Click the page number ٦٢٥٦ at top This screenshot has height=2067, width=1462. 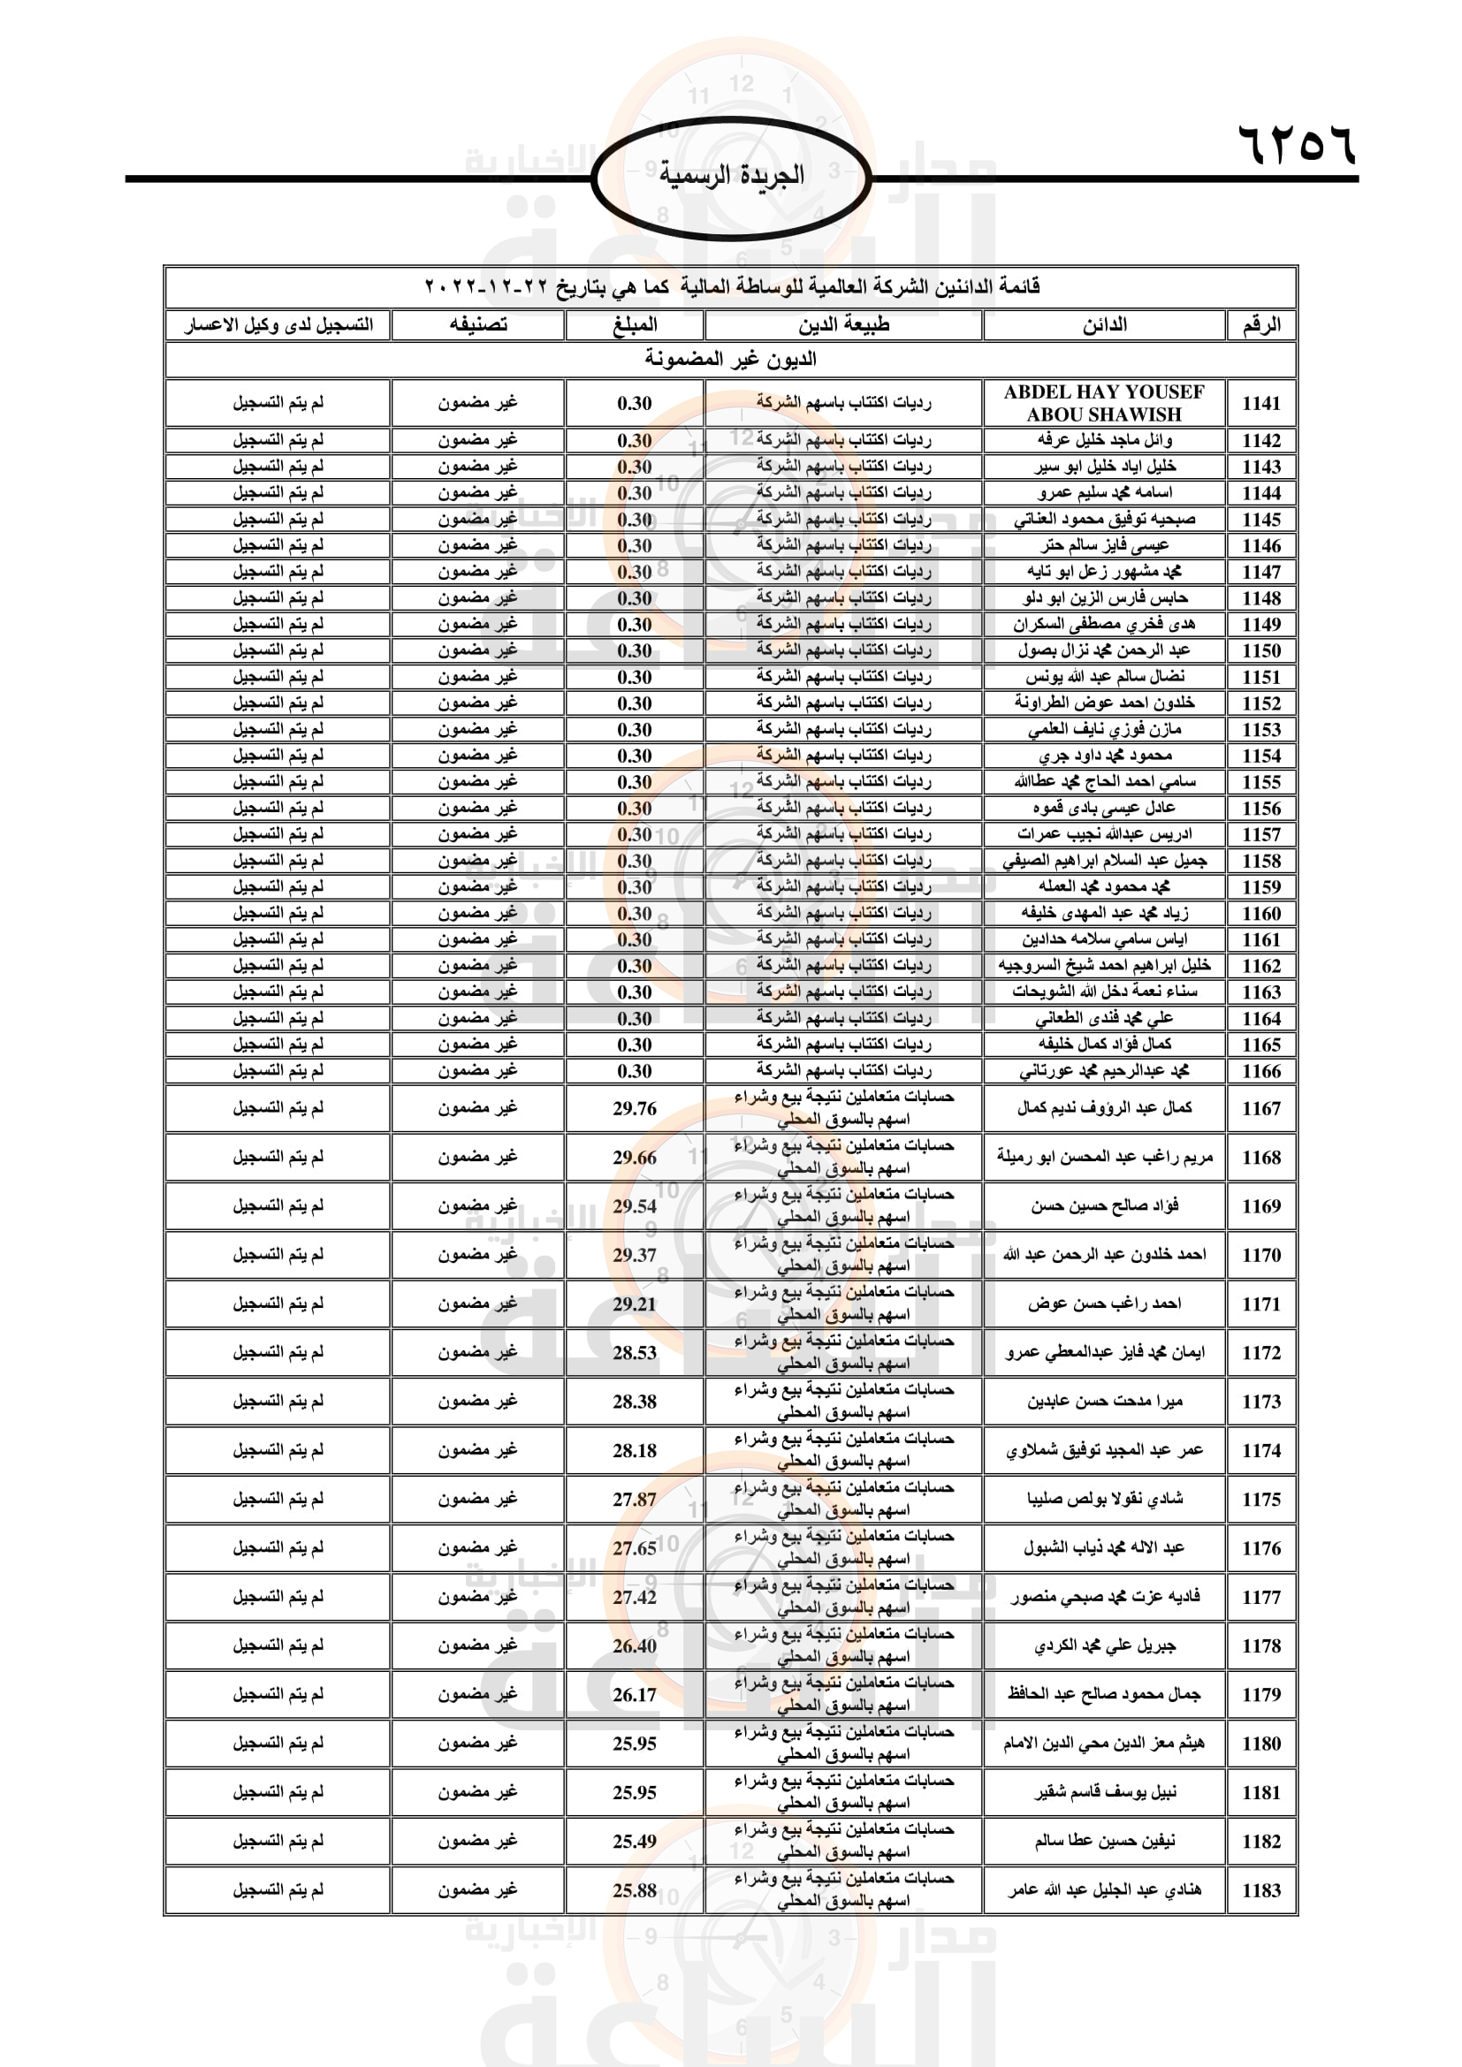pos(1297,144)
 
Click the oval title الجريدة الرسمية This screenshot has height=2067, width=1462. pos(731,176)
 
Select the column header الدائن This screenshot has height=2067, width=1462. pos(1104,325)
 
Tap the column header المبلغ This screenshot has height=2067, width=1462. pos(635,325)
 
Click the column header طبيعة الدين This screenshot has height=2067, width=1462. pos(843,325)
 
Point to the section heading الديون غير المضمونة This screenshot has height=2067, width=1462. pos(730,359)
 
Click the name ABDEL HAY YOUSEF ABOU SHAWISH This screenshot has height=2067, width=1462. pos(1104,403)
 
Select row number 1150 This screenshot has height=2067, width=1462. pos(1260,651)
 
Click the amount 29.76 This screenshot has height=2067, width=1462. pos(635,1109)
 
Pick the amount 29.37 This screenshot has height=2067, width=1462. pos(635,1255)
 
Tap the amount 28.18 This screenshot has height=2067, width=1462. pos(635,1450)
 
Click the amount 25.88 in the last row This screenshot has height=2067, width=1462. pos(635,1890)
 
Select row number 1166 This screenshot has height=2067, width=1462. pos(1260,1071)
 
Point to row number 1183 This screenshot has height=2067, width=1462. pos(1260,1890)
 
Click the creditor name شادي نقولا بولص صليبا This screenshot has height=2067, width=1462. pos(1104,1499)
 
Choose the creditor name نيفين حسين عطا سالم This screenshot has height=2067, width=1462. pos(1104,1841)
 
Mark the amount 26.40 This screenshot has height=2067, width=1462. pos(635,1645)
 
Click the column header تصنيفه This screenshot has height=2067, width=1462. pos(478,325)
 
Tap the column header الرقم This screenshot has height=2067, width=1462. pos(1260,325)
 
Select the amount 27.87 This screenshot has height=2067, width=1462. pos(635,1499)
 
